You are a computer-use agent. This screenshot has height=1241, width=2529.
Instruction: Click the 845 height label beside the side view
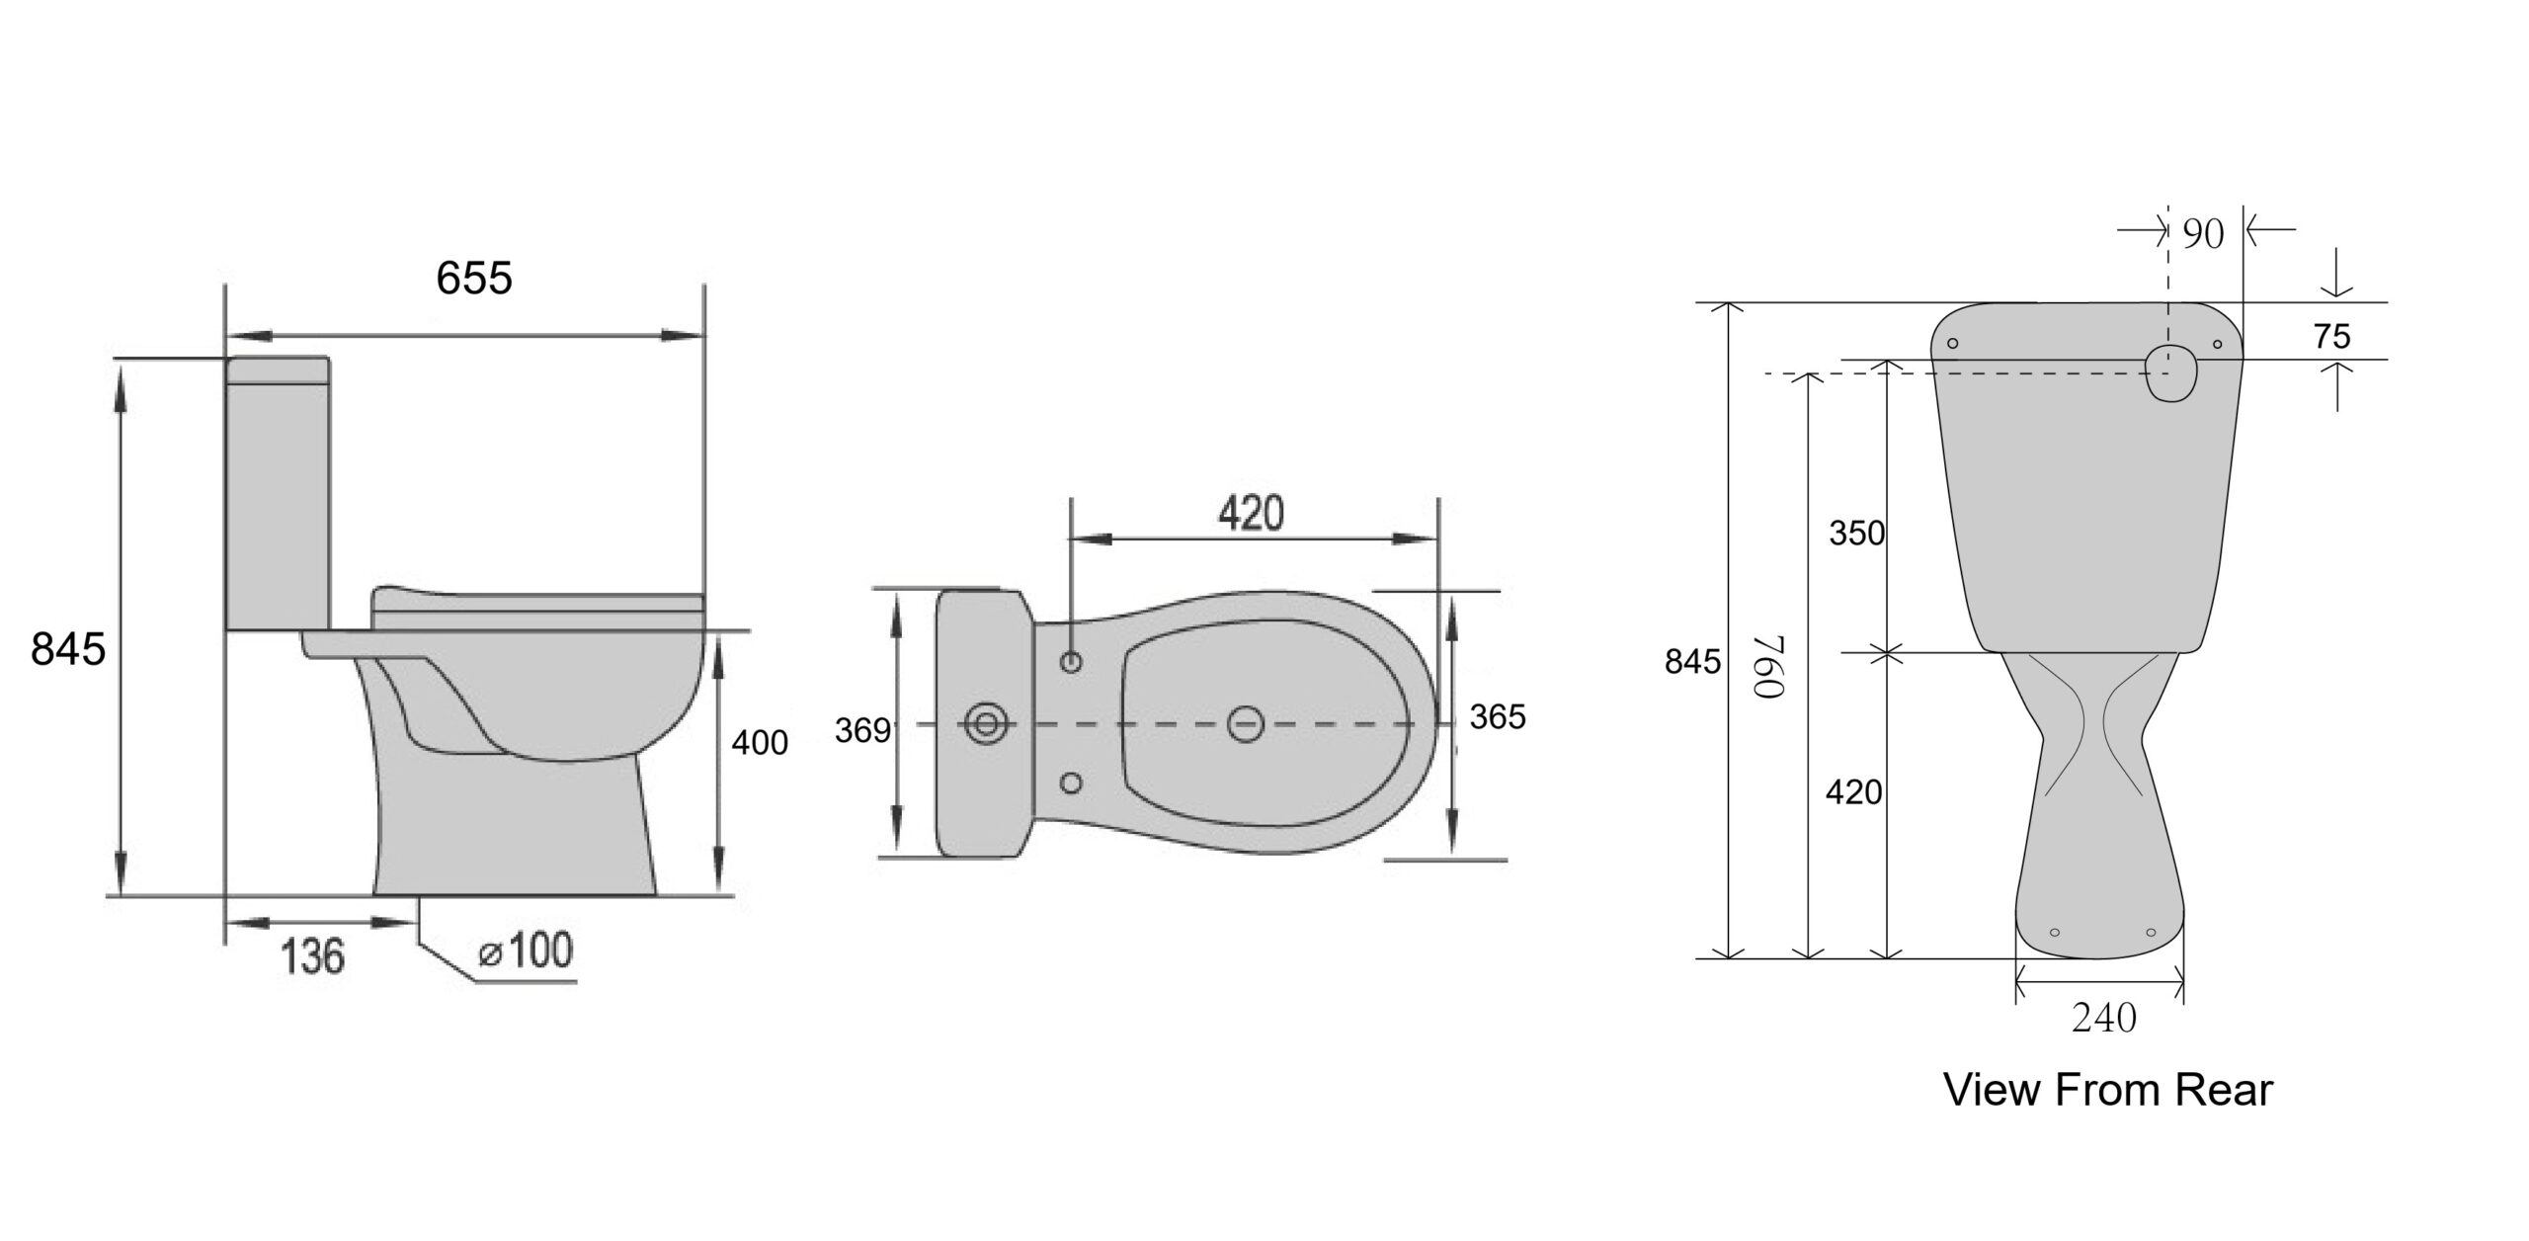coord(68,649)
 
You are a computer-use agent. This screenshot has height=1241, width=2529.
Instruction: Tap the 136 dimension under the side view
coord(313,956)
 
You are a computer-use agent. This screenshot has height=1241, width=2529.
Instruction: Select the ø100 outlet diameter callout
coord(525,951)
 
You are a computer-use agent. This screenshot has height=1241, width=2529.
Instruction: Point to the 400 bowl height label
coord(760,742)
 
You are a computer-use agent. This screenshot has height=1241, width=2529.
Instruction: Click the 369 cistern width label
coord(862,730)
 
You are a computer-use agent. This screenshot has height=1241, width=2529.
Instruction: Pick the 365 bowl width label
coord(1498,716)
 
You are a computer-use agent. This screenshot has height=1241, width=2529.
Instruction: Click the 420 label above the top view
coord(1251,514)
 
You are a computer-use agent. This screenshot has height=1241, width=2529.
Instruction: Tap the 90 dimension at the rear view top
coord(2203,234)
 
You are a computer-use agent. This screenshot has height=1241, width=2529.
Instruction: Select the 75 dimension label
coord(2331,337)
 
